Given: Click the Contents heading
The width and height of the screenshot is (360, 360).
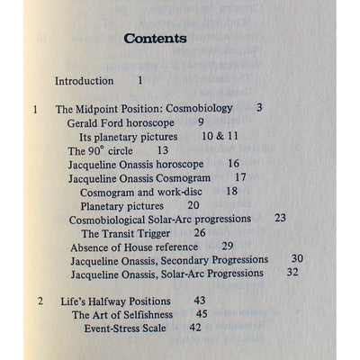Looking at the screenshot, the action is pos(155,39).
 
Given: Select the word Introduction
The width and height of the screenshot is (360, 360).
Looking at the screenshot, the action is pos(85,81).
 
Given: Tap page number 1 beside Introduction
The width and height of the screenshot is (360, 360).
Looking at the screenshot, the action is pos(140,81).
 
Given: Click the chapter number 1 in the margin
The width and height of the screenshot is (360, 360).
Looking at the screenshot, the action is pos(34,109).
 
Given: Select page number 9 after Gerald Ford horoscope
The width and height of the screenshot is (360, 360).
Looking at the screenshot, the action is pos(201,122).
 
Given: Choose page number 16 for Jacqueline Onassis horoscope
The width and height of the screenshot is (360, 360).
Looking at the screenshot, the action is pos(233,165).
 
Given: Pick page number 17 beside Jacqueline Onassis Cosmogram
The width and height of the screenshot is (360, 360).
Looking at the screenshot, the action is pos(240,178).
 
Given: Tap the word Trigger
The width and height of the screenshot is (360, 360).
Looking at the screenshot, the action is pos(157,232).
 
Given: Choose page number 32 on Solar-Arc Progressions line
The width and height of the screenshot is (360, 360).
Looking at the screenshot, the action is pos(292,273).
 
